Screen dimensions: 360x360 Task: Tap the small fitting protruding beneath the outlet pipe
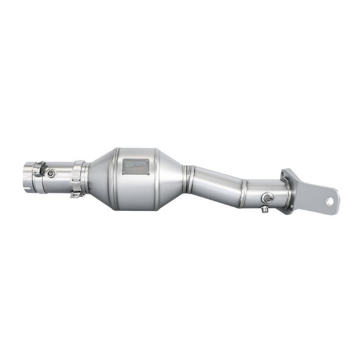point(265,209)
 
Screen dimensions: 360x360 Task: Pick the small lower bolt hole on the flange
point(291,206)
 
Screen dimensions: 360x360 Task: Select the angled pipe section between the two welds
point(216,180)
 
